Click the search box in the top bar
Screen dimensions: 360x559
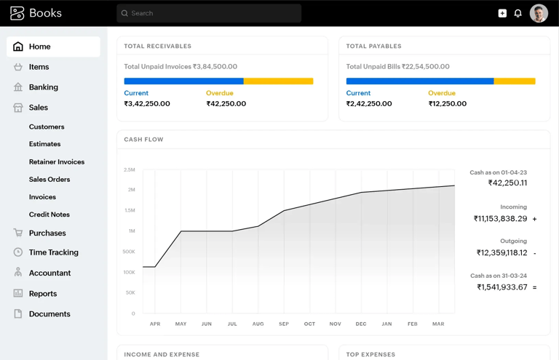click(x=209, y=13)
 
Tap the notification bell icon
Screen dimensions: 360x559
click(x=518, y=13)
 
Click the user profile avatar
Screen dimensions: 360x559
click(x=539, y=13)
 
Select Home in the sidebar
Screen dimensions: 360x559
click(x=39, y=47)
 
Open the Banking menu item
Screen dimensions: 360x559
click(x=43, y=87)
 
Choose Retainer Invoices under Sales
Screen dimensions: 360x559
click(x=57, y=162)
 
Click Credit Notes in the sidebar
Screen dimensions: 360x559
click(x=49, y=215)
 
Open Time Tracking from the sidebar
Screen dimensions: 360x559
click(x=53, y=252)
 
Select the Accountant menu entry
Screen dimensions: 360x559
click(x=49, y=273)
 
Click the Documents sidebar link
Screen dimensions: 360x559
click(x=49, y=314)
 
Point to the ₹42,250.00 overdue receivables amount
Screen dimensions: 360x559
click(x=226, y=104)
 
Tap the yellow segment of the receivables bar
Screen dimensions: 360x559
click(x=278, y=81)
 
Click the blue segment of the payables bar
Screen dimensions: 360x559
click(x=419, y=81)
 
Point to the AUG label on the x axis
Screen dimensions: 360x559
click(x=258, y=324)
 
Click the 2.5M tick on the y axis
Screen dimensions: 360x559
click(x=130, y=170)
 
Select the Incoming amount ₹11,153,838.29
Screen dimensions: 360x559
click(x=500, y=218)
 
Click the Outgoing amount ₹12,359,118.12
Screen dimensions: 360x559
click(x=501, y=253)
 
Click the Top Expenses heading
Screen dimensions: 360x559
click(x=370, y=354)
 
